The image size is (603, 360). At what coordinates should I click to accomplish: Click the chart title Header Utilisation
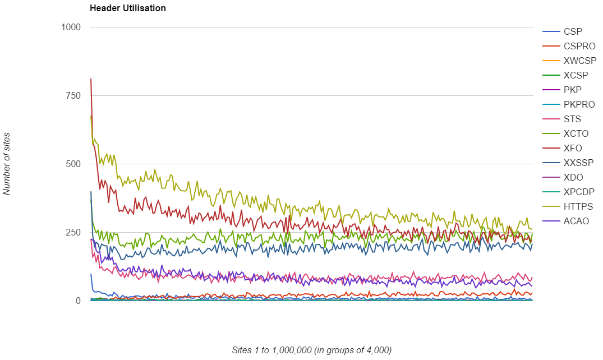tap(127, 8)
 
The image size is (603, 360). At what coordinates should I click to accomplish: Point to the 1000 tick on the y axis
tap(71, 27)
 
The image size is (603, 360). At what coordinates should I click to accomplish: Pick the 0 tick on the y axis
tap(78, 301)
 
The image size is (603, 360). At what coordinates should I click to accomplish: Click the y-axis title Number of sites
tap(7, 164)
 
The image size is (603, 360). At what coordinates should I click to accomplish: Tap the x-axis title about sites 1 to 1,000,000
tap(311, 350)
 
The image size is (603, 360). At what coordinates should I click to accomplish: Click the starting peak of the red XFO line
tap(91, 79)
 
